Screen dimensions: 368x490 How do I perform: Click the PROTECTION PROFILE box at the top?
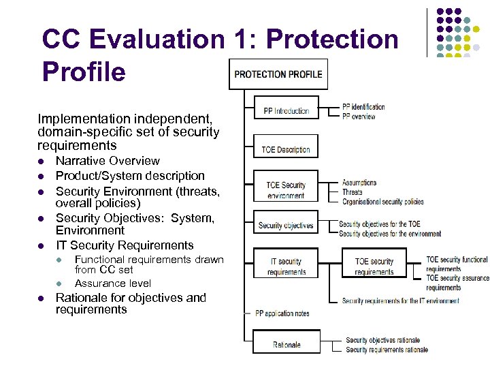[279, 74]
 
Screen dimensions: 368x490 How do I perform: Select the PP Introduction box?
[286, 111]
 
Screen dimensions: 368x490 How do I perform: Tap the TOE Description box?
[286, 150]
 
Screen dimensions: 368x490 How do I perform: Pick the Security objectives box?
[286, 226]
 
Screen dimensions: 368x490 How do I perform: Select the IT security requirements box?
[286, 266]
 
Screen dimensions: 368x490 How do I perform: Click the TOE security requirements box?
[374, 266]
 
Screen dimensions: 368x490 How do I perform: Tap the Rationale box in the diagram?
[286, 344]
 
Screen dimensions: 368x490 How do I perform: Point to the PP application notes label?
[282, 313]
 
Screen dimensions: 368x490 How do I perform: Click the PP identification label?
[363, 107]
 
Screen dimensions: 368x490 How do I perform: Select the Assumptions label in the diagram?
[359, 183]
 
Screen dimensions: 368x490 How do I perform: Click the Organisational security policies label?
[382, 202]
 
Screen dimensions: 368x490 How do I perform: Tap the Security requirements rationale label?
[387, 350]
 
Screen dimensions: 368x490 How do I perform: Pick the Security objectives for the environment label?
[389, 234]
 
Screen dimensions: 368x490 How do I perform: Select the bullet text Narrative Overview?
[108, 161]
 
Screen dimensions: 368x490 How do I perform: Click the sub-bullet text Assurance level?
[113, 283]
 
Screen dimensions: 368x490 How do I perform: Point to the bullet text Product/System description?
[130, 176]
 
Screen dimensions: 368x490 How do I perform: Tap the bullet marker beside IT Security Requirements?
[42, 246]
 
